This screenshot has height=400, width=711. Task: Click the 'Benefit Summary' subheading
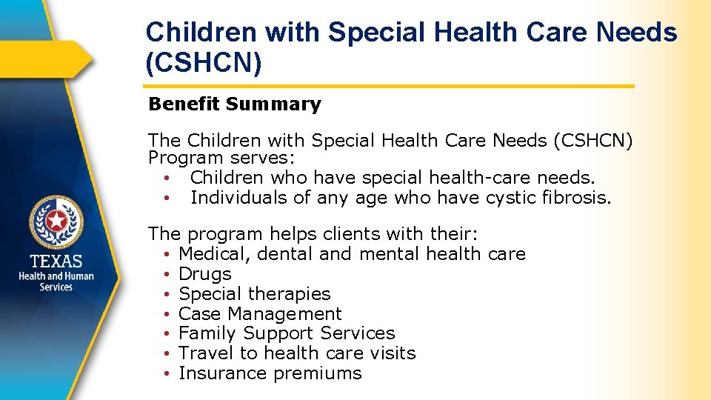pos(235,104)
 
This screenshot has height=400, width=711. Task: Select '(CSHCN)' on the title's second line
pos(204,64)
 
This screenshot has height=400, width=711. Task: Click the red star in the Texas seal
pos(56,220)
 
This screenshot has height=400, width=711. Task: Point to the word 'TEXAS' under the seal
pos(56,261)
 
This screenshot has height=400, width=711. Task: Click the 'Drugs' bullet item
pos(205,274)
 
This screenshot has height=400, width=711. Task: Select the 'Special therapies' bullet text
pos(255,294)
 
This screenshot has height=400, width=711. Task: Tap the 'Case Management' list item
pos(260,314)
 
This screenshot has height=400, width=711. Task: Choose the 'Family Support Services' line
pos(287,334)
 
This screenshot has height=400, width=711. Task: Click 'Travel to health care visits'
pos(297,354)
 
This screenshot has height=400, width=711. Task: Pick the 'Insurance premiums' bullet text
pos(270,374)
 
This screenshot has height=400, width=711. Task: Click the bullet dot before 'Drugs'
pos(169,275)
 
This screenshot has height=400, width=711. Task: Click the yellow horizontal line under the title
pos(390,87)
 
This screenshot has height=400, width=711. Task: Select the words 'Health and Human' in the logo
pos(56,276)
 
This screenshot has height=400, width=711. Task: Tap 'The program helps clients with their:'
pos(313,234)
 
